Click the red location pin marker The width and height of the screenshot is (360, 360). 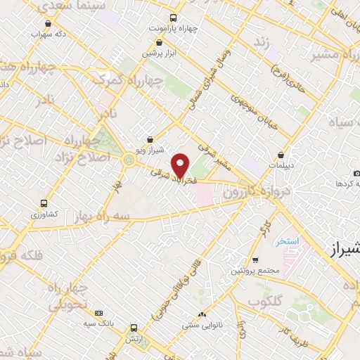[x=181, y=165]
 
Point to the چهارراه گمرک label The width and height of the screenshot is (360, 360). [x=138, y=82]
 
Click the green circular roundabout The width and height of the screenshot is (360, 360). [x=128, y=160]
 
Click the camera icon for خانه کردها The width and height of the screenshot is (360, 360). [x=357, y=174]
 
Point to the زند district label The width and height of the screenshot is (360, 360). [x=262, y=43]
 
